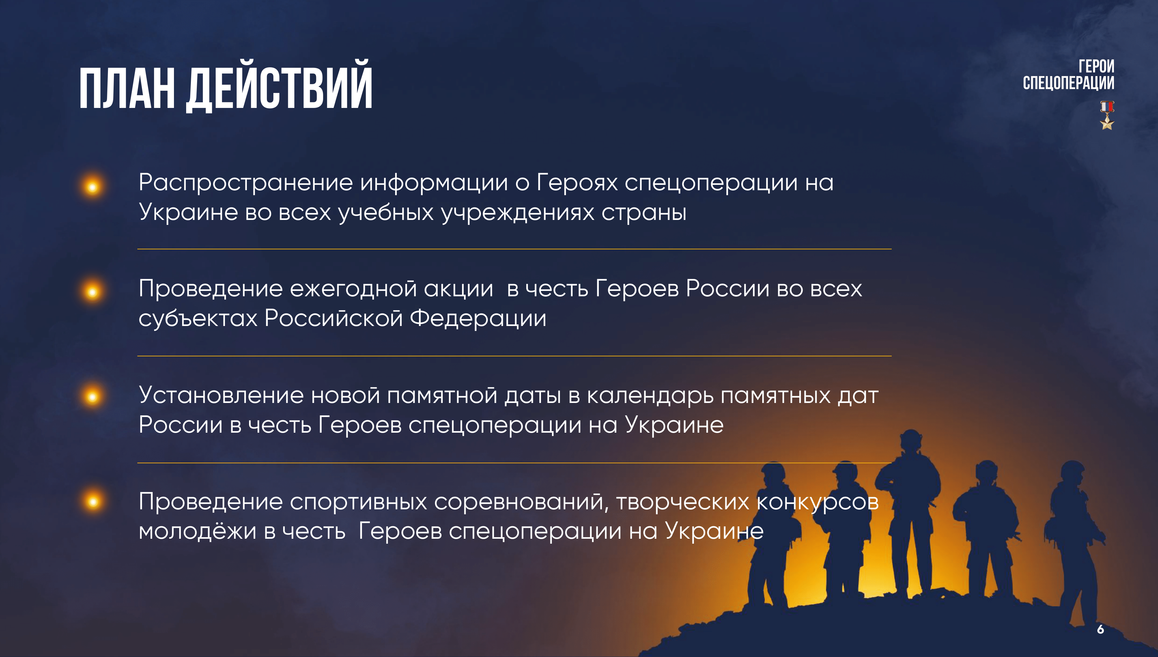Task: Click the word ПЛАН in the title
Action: click(x=127, y=89)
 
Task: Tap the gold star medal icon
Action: click(x=1107, y=115)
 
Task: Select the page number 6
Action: click(x=1100, y=629)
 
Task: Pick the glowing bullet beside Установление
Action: click(x=93, y=397)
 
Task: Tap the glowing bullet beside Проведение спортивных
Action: click(x=93, y=501)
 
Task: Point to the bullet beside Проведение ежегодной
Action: click(x=93, y=292)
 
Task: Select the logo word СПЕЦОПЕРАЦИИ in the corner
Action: click(x=1068, y=83)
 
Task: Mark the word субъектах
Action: click(x=198, y=318)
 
